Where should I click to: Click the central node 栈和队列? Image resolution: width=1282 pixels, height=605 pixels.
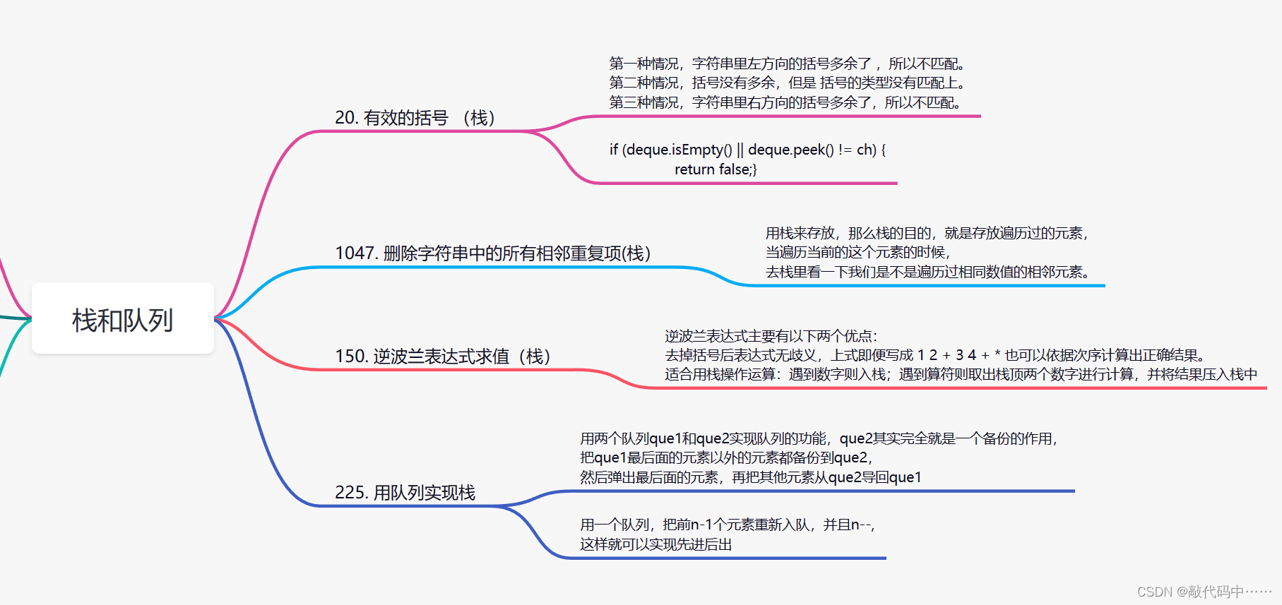coord(123,320)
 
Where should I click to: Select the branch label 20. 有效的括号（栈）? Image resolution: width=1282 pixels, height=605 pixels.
coord(415,117)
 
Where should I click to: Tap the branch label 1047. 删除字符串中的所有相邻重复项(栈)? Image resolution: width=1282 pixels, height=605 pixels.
coord(492,253)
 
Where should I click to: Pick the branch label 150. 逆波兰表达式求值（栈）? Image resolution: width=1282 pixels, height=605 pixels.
coord(443,356)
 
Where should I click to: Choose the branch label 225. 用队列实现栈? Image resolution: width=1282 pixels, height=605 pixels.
coord(405,492)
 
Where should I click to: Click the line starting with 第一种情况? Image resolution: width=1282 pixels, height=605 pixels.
coord(787,64)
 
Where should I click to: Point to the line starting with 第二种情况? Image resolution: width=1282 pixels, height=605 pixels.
coord(787,83)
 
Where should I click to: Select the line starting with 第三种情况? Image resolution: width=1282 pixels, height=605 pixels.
coord(785,102)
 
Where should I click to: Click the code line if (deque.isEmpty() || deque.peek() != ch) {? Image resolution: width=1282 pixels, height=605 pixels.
coord(747,150)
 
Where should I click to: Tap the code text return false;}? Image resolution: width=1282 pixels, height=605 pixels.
coord(716,169)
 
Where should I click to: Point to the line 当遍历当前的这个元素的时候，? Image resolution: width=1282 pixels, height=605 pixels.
coord(857,252)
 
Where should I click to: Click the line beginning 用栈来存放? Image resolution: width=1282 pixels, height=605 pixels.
coord(927,233)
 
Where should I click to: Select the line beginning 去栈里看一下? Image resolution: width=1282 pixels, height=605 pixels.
coord(927,272)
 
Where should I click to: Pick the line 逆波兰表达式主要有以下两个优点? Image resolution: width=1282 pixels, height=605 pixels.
coord(771,336)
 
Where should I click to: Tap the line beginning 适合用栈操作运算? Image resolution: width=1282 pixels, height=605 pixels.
coord(961,374)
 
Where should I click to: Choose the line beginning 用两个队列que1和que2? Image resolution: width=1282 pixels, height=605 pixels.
coord(819,438)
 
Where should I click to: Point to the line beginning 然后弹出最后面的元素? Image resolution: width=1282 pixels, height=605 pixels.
coord(751,477)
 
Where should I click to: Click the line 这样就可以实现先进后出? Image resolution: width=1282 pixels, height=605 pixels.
coord(655,544)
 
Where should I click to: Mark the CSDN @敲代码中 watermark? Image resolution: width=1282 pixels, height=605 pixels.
coord(1204,592)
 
